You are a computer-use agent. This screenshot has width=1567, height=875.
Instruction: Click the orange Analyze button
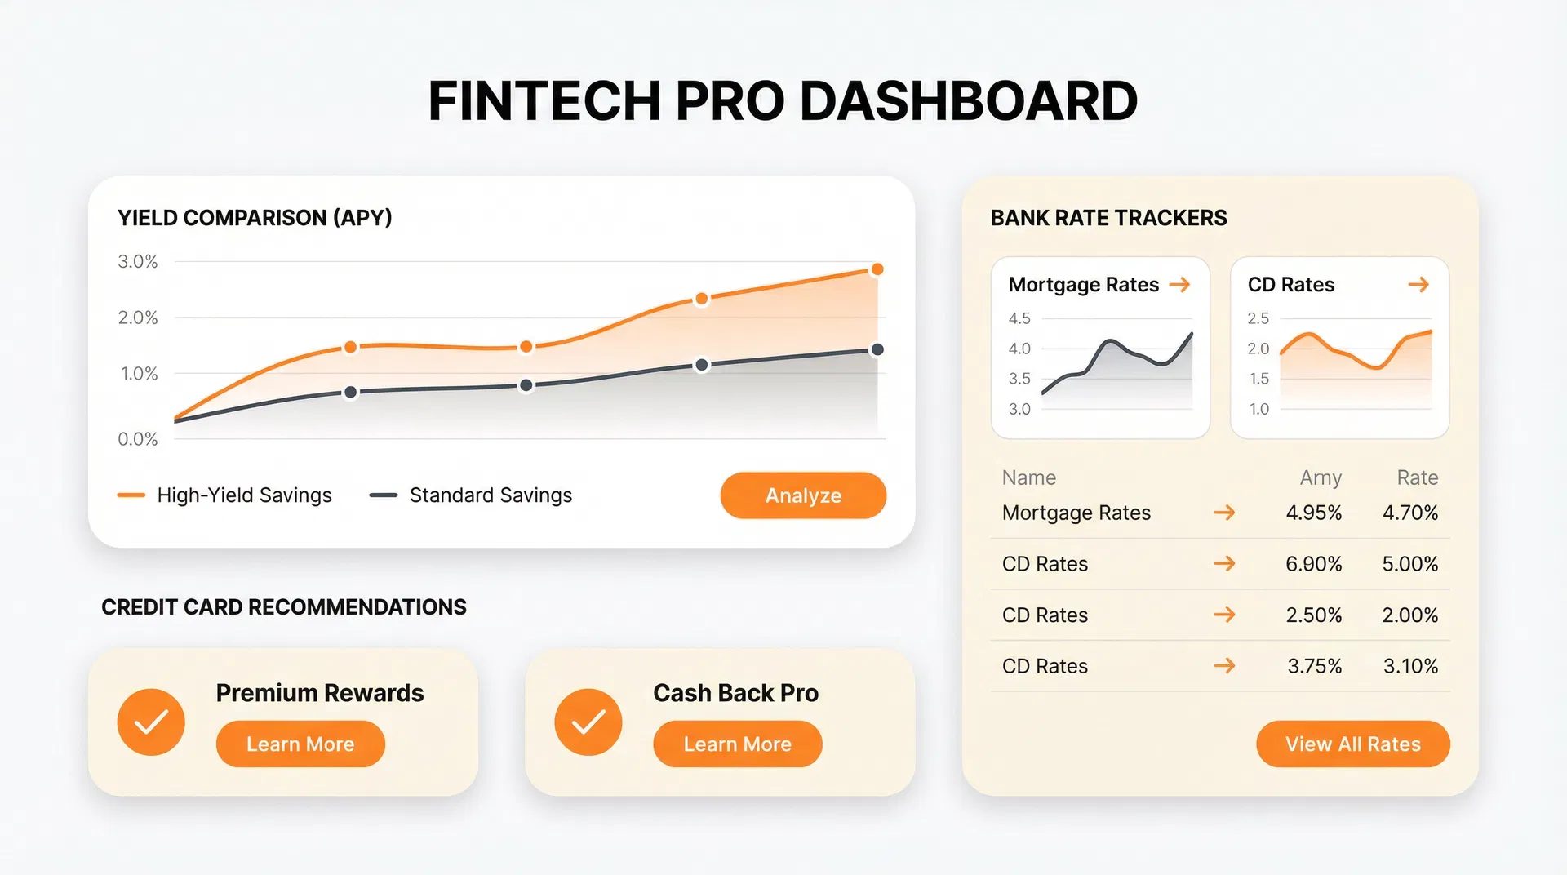point(803,495)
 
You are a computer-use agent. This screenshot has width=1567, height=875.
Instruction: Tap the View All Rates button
point(1352,744)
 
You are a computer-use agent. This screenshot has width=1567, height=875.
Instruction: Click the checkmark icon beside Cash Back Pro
point(588,722)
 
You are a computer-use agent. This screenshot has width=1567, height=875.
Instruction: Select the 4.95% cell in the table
point(1313,513)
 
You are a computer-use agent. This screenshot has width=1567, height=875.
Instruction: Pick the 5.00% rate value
point(1409,564)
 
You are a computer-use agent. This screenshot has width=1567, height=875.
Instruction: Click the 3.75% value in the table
point(1314,666)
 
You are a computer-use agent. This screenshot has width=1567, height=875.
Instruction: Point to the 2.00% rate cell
point(1409,615)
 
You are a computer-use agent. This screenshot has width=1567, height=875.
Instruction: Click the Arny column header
point(1320,477)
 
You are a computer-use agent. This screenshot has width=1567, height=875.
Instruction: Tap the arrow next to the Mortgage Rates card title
point(1179,284)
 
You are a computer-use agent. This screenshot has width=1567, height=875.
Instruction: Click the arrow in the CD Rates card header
point(1418,284)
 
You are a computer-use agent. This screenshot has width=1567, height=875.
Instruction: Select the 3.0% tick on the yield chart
point(137,261)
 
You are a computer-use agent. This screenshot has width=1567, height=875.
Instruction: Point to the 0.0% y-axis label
point(137,439)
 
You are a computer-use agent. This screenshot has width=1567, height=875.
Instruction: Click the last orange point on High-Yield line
point(877,269)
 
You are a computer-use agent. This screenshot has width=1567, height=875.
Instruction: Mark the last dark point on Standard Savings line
point(877,349)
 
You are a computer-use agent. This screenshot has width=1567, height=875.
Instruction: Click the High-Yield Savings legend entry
point(224,495)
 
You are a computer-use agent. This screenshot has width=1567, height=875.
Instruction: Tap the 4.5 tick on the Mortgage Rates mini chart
point(1019,318)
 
